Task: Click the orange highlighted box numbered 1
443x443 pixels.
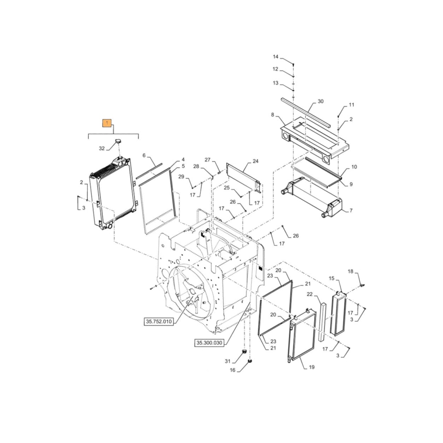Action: click(x=107, y=123)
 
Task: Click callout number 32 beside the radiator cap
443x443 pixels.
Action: click(x=102, y=148)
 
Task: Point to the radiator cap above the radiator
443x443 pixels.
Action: click(x=119, y=141)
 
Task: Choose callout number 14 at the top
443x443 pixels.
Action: click(x=276, y=57)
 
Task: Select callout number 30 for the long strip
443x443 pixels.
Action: click(x=321, y=101)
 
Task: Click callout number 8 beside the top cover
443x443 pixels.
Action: click(x=273, y=114)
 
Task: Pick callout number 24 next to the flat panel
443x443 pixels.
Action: click(x=255, y=162)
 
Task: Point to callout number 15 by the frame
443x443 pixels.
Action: click(x=331, y=278)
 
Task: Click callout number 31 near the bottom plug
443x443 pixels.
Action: click(x=228, y=361)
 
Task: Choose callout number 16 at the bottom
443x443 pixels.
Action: click(x=233, y=370)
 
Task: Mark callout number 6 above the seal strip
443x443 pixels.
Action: click(x=144, y=155)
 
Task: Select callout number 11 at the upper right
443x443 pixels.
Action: click(x=351, y=105)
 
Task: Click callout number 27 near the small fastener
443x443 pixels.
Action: click(x=207, y=159)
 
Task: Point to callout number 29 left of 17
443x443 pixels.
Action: click(x=181, y=177)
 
